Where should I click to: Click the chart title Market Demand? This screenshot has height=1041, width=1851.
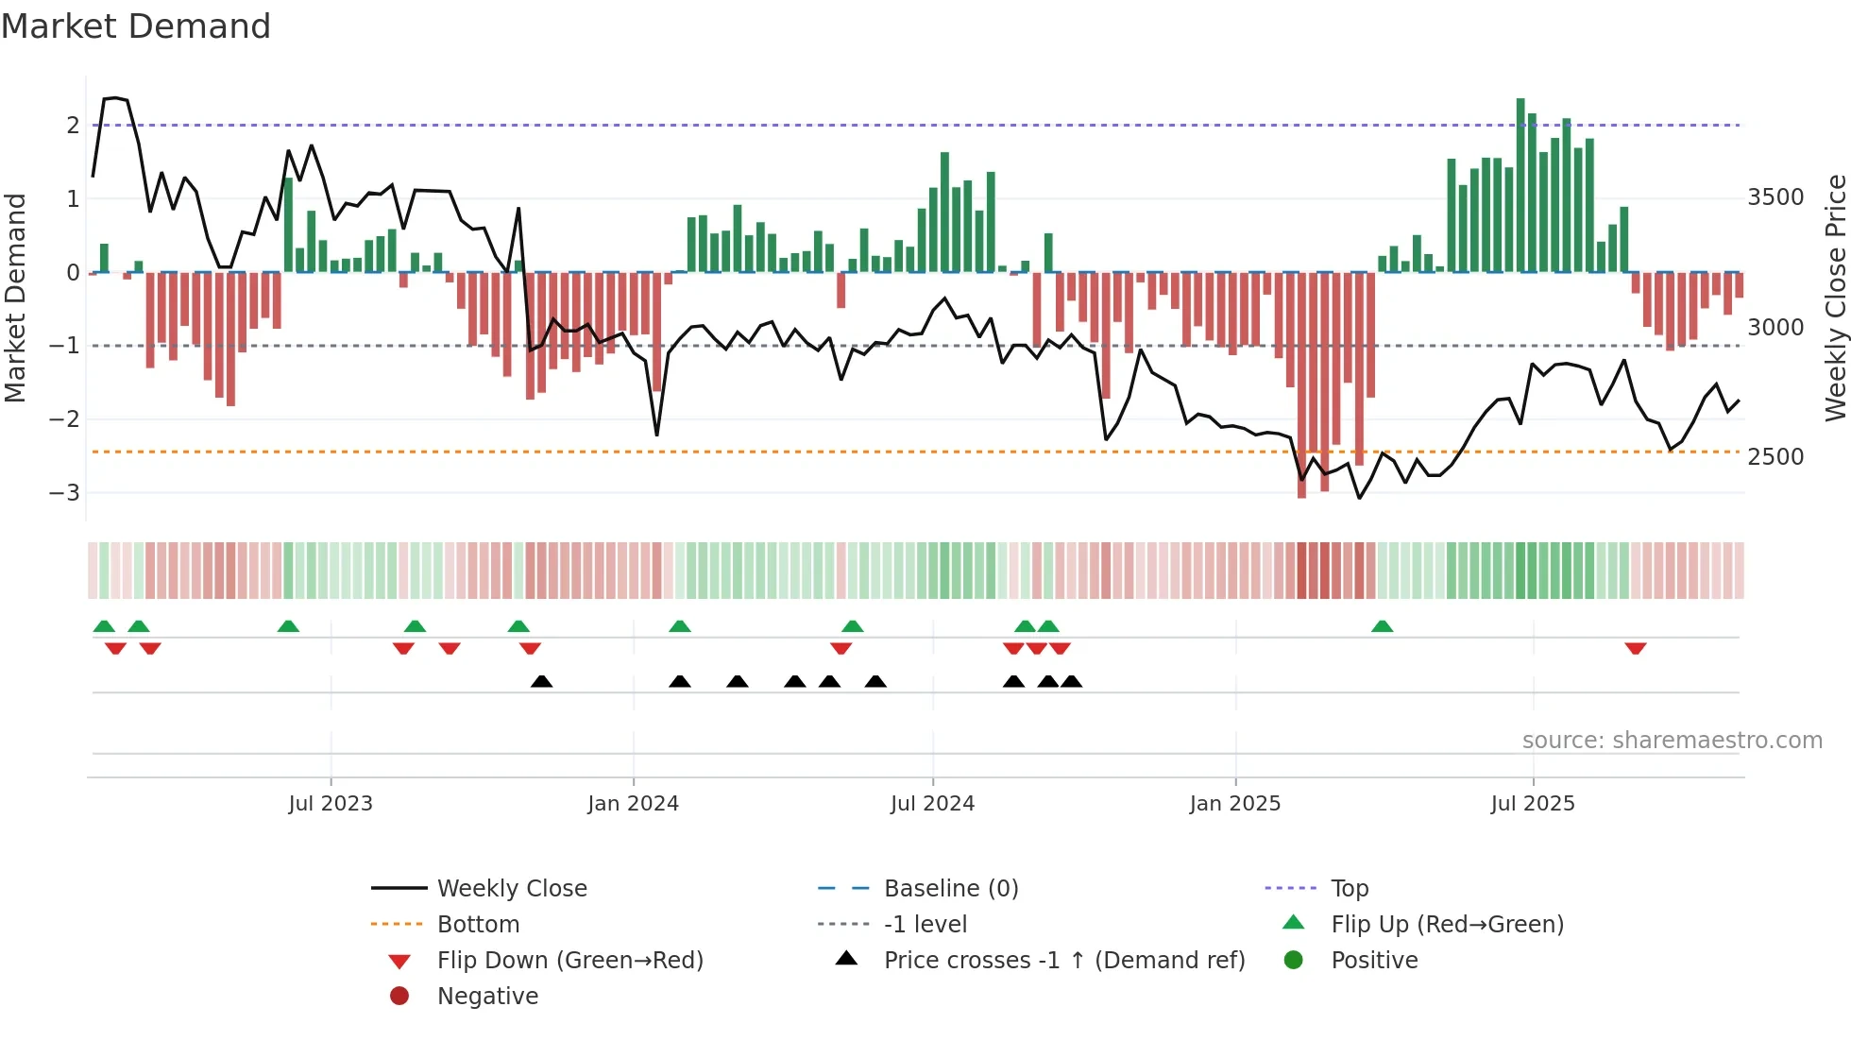tap(136, 26)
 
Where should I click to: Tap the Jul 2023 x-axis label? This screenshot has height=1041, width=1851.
tap(331, 804)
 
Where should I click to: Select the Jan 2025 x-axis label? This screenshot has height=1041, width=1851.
tap(1234, 804)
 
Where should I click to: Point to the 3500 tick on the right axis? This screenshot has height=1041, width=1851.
tap(1775, 197)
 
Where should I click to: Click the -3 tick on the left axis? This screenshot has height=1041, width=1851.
tap(64, 492)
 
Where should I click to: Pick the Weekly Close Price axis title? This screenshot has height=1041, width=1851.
tap(1835, 298)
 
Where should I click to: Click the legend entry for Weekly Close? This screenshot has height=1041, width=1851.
tap(511, 889)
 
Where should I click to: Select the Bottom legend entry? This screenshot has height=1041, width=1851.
tap(478, 925)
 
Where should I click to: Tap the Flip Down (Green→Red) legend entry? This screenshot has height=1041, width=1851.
tap(569, 961)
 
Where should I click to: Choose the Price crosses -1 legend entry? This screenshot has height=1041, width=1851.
tap(1063, 961)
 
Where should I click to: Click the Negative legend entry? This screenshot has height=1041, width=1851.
tap(487, 997)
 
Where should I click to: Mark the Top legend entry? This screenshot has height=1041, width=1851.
tap(1349, 889)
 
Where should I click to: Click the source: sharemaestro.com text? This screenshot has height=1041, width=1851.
tap(1672, 741)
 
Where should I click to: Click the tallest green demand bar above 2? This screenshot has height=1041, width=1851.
tap(1520, 184)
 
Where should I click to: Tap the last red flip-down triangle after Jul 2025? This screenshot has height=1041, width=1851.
tap(1636, 648)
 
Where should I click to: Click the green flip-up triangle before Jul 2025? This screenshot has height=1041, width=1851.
tap(1382, 626)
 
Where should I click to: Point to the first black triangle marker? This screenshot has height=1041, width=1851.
tap(541, 681)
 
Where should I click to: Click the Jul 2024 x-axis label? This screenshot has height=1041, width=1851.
tap(932, 804)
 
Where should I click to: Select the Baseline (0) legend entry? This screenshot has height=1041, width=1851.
tap(950, 889)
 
